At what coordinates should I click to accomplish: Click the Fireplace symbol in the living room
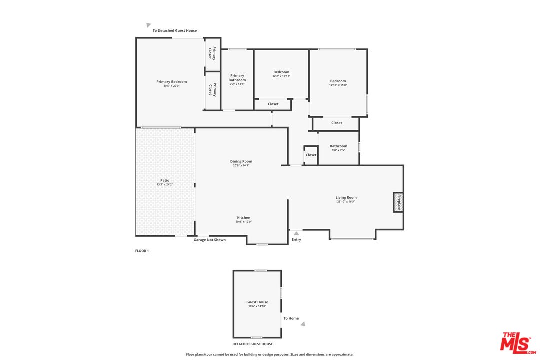point(398,202)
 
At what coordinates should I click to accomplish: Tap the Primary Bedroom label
point(171,82)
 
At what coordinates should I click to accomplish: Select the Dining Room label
point(241,161)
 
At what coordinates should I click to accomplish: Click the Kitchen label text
point(243,218)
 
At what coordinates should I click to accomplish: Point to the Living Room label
point(346,198)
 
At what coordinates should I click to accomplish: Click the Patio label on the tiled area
point(165,180)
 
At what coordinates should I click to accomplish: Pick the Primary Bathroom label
point(237,78)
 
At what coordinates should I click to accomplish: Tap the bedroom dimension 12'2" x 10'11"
point(281,76)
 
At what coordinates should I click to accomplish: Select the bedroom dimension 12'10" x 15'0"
point(338,85)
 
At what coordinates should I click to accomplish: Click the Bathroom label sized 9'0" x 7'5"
point(338,146)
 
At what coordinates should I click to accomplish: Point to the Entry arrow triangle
point(296,233)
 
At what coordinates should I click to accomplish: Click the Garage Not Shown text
point(210,240)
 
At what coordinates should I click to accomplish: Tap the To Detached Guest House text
point(175,31)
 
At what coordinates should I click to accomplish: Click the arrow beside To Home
point(303,324)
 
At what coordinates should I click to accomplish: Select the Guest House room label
point(257,302)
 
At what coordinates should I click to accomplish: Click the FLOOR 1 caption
point(142,251)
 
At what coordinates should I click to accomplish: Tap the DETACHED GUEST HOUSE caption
point(253,344)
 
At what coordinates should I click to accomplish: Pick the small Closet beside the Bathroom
point(311,155)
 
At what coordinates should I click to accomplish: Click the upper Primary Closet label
point(212,53)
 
